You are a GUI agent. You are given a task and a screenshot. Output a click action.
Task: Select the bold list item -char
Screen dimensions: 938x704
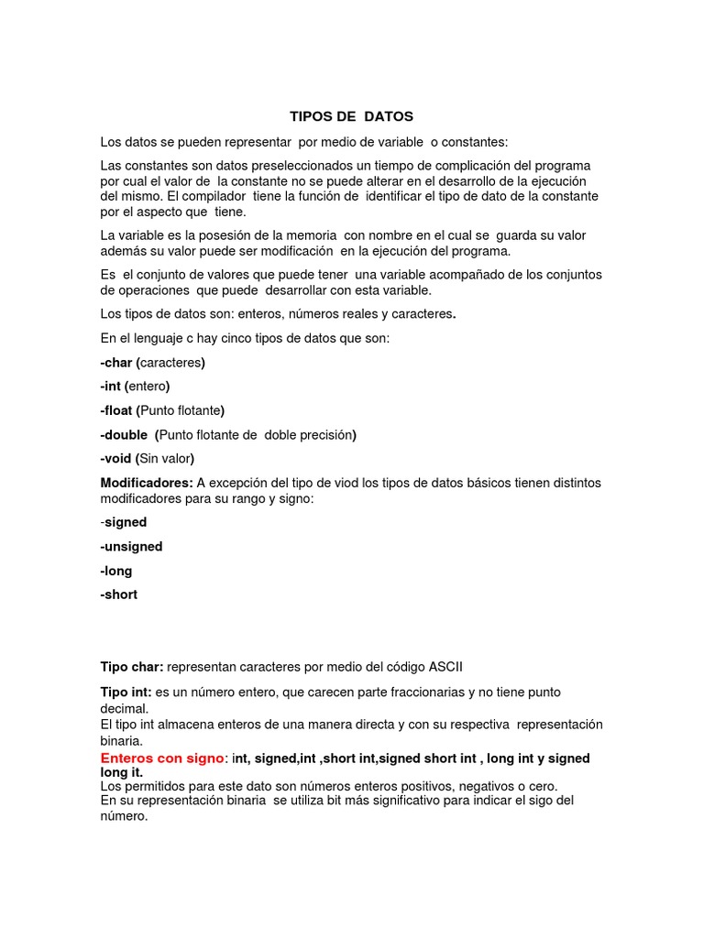click(x=117, y=363)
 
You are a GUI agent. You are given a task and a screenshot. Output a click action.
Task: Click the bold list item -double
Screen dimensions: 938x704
click(x=124, y=435)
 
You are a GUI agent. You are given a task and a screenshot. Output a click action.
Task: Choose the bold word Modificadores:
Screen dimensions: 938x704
click(x=147, y=483)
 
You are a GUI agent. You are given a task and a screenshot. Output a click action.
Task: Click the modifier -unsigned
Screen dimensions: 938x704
click(x=131, y=547)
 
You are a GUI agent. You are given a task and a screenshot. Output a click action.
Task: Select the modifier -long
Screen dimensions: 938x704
click(x=116, y=571)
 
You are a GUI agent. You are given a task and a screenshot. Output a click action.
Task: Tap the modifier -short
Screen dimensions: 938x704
click(x=119, y=594)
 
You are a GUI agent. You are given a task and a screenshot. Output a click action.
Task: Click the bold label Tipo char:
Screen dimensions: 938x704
click(x=132, y=666)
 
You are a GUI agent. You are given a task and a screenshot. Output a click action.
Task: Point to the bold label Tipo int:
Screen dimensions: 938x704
click(x=126, y=692)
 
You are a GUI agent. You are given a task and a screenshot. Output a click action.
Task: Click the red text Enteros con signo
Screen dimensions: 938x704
click(x=162, y=758)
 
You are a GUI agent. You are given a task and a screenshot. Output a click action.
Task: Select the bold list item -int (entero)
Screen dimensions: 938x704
click(x=136, y=387)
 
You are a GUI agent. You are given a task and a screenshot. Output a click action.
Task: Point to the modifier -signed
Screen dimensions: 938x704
click(x=124, y=522)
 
